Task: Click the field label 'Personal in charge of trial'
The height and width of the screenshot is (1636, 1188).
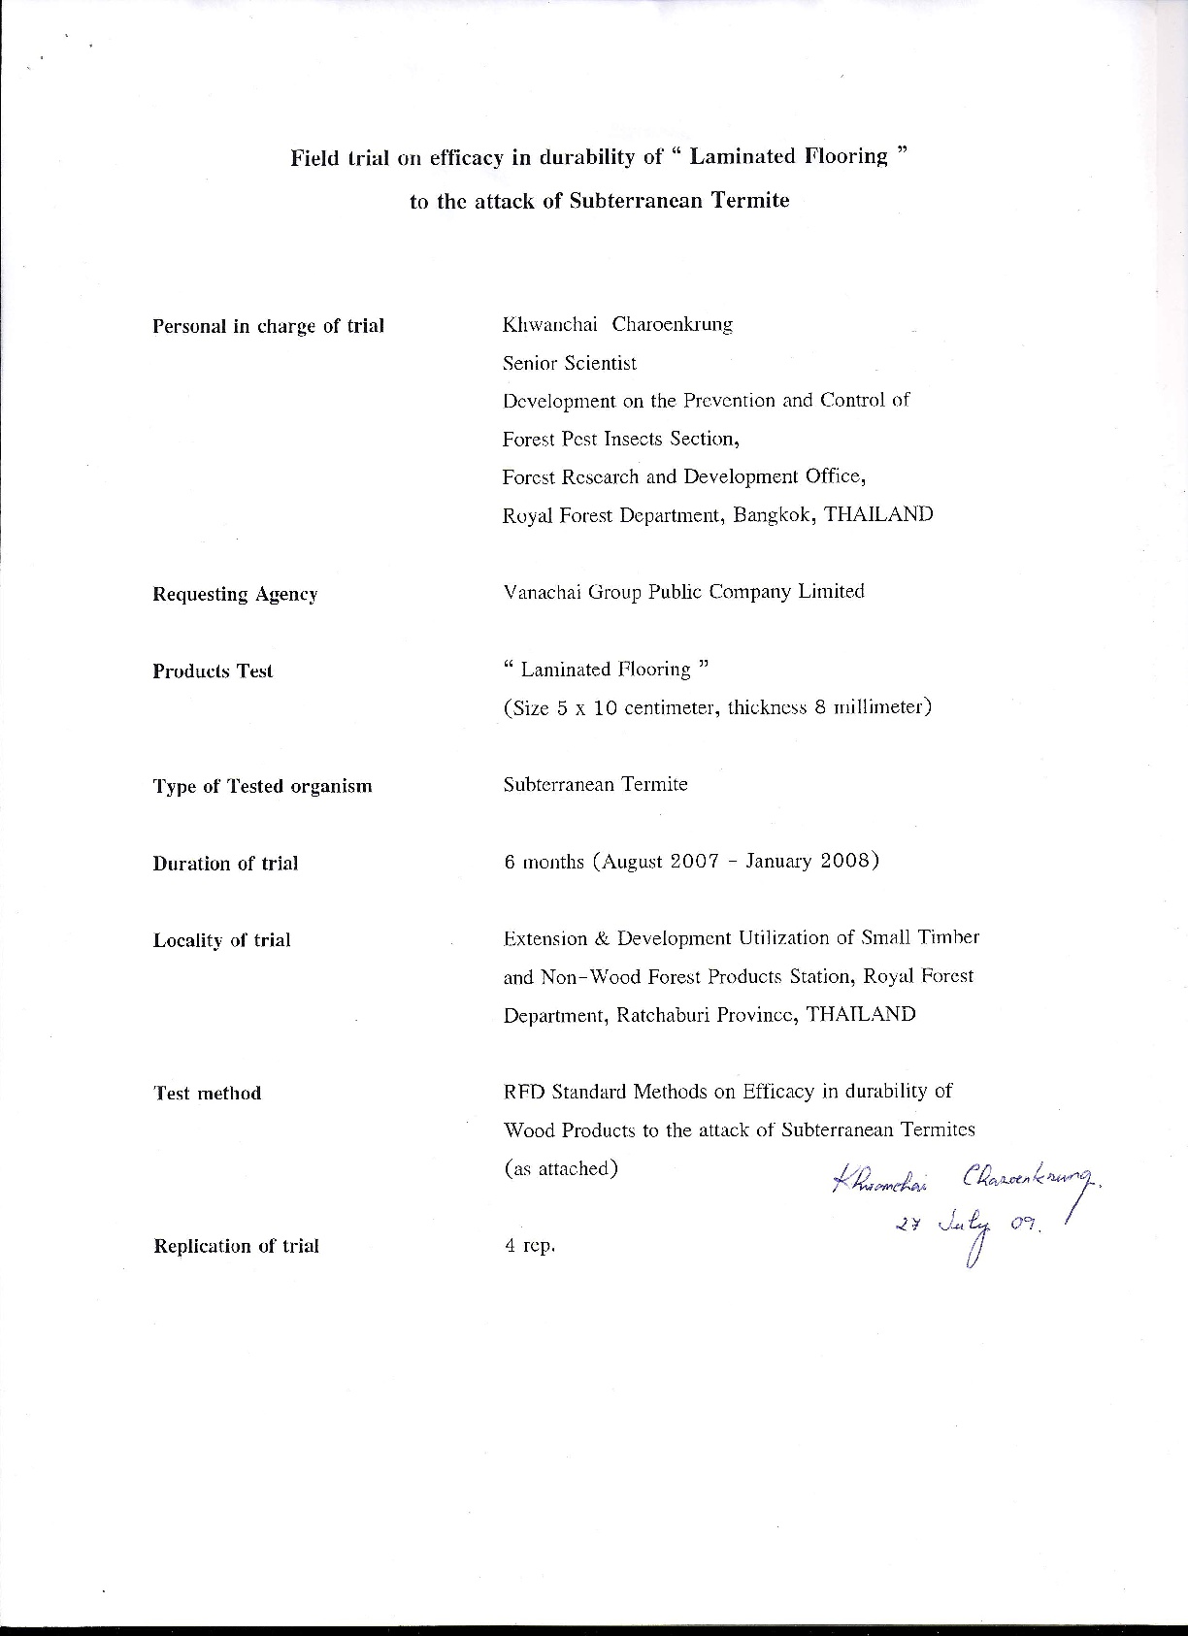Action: point(268,326)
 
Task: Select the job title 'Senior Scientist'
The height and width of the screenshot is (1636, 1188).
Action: point(570,363)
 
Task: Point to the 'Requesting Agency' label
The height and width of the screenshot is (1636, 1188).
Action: point(235,594)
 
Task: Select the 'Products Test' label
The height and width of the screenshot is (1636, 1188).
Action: point(213,671)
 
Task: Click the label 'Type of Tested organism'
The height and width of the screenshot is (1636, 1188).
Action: point(262,786)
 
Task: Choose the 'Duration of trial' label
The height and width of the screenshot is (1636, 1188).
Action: point(225,864)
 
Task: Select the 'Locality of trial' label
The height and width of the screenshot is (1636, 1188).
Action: point(221,940)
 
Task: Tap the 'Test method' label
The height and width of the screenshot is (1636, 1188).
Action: point(207,1094)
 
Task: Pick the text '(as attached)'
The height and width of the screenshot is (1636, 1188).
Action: point(561,1168)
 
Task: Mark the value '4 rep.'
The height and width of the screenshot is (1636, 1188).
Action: point(529,1246)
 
